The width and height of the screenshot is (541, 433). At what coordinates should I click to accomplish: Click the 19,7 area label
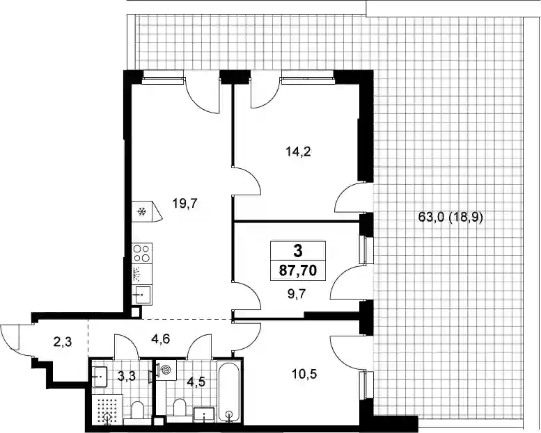[x=185, y=204]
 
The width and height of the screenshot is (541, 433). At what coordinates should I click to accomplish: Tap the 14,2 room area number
[x=299, y=152]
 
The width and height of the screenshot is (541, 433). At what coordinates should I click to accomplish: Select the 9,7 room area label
[x=297, y=294]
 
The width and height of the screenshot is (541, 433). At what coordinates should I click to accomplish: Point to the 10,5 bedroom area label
[x=304, y=373]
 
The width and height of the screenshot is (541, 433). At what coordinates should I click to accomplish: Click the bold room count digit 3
[x=297, y=251]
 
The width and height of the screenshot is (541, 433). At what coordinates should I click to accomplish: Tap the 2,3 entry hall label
[x=63, y=343]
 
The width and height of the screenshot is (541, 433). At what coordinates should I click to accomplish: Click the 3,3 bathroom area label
[x=127, y=375]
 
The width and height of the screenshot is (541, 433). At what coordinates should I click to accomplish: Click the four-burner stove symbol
[x=142, y=253]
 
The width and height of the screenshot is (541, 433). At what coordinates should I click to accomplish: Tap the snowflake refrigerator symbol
[x=141, y=211]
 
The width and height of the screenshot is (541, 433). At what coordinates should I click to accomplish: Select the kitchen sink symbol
[x=142, y=295]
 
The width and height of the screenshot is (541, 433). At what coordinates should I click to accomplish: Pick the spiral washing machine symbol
[x=166, y=370]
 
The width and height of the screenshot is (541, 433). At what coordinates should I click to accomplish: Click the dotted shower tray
[x=108, y=409]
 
